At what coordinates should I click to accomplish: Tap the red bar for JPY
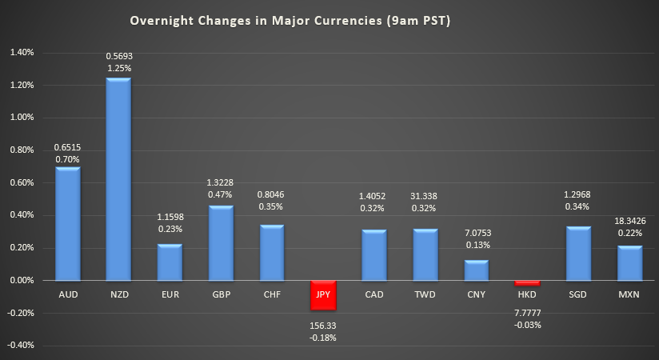(324, 294)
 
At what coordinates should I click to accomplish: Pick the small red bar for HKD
(528, 282)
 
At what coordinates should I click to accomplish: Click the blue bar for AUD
(67, 224)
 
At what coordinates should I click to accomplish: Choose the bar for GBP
(221, 243)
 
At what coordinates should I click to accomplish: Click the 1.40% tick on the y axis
(22, 53)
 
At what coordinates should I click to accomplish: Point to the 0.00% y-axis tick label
(22, 281)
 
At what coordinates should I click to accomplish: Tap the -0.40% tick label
(21, 346)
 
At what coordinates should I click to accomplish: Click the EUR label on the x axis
(170, 294)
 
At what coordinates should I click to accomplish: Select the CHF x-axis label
(272, 294)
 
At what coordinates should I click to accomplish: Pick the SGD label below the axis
(579, 294)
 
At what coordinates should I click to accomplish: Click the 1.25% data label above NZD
(118, 69)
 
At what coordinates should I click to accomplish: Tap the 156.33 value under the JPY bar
(324, 326)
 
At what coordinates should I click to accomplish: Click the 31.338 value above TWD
(425, 196)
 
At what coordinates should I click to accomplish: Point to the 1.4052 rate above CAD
(374, 196)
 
